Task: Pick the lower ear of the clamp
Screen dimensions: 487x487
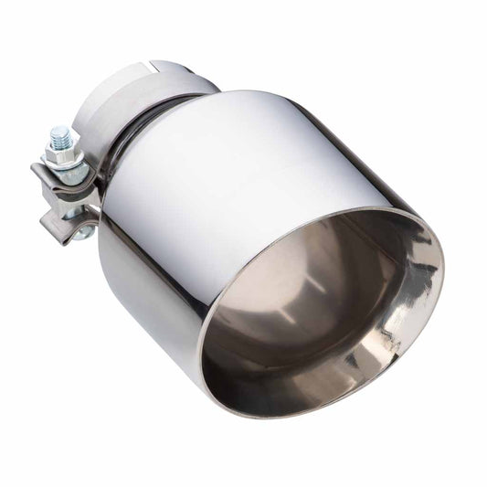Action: [68, 219]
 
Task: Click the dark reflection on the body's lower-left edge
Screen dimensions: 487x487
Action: [137, 292]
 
